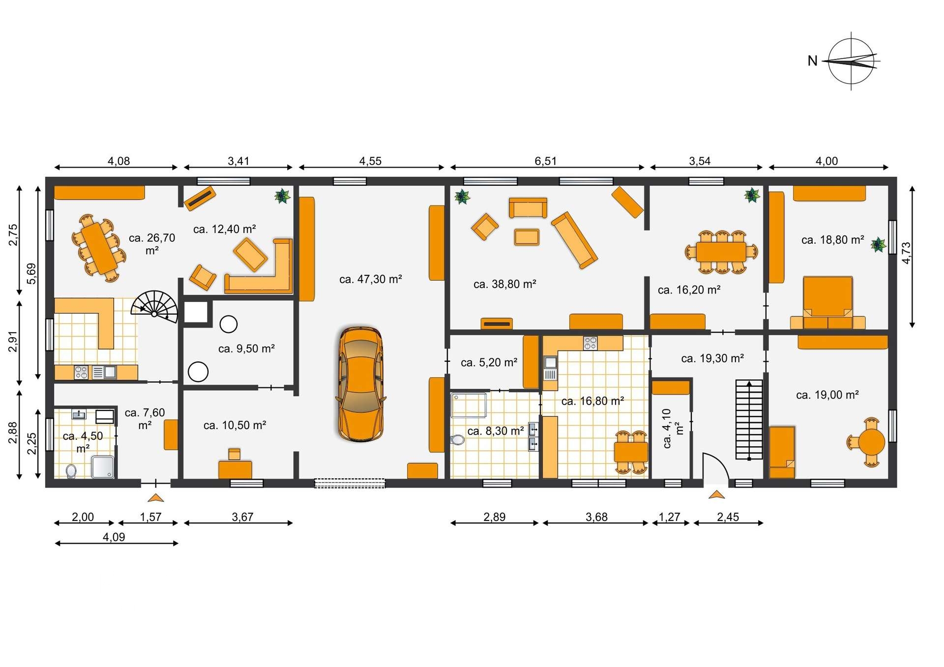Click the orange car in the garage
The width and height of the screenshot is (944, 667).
tap(360, 384)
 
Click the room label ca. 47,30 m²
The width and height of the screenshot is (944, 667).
tap(371, 279)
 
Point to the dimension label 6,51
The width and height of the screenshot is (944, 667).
tap(546, 161)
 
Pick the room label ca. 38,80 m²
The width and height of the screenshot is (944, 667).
tap(505, 284)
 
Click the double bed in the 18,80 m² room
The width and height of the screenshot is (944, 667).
tap(828, 302)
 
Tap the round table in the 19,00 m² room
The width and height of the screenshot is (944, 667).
tap(871, 442)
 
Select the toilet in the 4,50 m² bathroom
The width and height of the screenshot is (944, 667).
tap(71, 471)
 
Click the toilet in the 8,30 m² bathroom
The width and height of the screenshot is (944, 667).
tap(457, 439)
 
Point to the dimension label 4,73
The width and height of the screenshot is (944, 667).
tap(906, 253)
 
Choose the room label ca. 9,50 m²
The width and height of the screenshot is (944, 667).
tap(246, 348)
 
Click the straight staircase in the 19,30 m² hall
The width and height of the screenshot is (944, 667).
tap(749, 419)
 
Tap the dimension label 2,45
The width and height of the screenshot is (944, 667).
tap(728, 517)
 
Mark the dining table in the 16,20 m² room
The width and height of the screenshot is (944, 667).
tap(721, 252)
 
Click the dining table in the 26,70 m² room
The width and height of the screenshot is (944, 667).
tap(99, 248)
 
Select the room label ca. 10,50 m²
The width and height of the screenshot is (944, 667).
tap(235, 425)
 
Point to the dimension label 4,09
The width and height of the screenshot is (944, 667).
tap(114, 537)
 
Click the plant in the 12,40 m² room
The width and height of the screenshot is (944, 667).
tap(282, 196)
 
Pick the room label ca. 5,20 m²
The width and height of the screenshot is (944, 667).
tap(489, 363)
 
